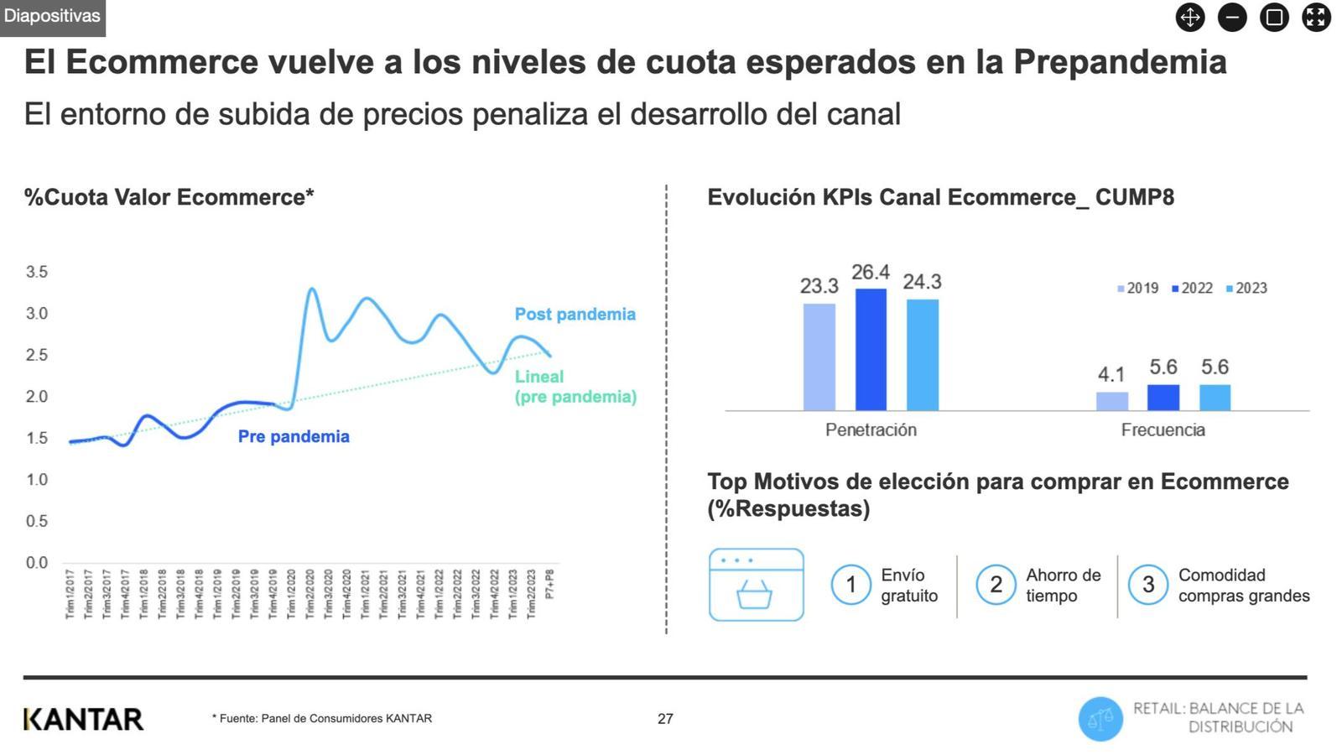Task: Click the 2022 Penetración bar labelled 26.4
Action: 871,350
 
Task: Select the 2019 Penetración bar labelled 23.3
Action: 819,357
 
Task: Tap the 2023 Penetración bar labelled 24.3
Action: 923,355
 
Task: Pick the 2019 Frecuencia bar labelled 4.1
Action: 1112,401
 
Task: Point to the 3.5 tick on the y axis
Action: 37,272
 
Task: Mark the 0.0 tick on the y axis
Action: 37,562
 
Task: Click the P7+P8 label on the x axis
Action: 550,585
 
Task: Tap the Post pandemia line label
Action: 575,315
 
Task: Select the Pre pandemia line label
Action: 294,436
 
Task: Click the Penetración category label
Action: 871,430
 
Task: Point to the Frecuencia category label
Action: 1163,430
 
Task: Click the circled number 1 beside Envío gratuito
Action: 850,585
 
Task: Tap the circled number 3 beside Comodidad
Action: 1147,585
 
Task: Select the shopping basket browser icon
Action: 756,585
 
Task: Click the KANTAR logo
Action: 84,719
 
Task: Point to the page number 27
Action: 665,719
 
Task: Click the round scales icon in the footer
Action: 1100,719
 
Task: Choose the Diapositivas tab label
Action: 52,17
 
